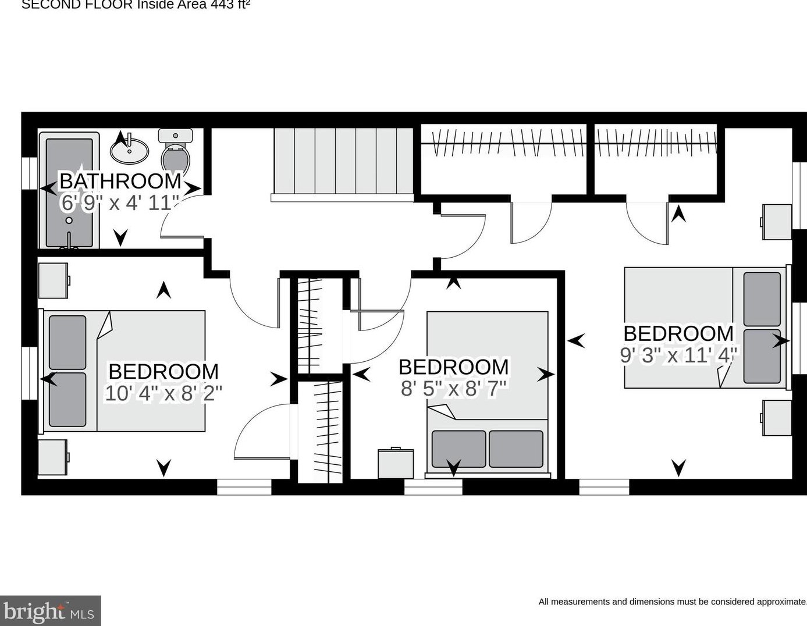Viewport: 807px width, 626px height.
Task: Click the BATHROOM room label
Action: pos(120,181)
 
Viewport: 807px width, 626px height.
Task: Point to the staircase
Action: pos(343,161)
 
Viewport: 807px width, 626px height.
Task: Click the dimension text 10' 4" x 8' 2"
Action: pos(163,393)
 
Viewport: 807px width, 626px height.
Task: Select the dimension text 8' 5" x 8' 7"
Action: pos(454,388)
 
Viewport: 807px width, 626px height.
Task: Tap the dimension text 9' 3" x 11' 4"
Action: pos(678,354)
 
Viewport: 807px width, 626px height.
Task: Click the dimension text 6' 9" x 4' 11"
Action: pos(119,203)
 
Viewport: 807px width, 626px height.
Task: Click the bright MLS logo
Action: pos(50,611)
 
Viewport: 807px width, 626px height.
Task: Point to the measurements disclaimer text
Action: pos(672,602)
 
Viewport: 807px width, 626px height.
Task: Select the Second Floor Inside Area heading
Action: pos(136,5)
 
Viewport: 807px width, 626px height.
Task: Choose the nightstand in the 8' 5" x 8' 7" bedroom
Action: pos(396,463)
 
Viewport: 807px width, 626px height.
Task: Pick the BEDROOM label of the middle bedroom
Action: pos(454,367)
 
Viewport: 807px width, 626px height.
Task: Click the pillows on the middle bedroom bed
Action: pos(488,449)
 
